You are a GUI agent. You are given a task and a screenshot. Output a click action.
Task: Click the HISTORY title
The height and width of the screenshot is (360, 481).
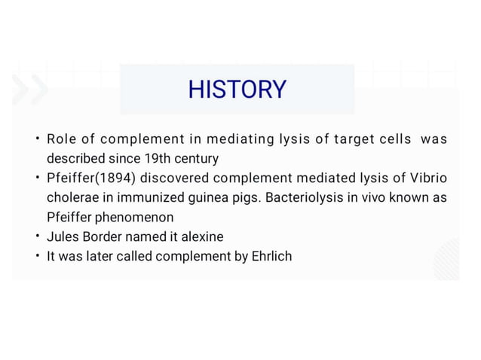tap(237, 90)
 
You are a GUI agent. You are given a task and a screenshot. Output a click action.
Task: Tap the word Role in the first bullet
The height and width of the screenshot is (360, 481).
tap(60, 139)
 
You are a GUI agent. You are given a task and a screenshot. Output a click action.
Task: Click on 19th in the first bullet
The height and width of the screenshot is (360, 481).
tap(157, 159)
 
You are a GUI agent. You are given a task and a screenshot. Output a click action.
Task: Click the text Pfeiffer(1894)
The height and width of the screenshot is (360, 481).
tap(90, 178)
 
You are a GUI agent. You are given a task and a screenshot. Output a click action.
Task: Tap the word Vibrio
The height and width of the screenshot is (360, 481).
tap(427, 178)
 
